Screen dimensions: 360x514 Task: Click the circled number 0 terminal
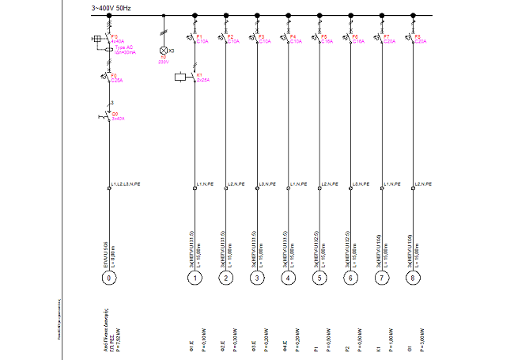point(110,278)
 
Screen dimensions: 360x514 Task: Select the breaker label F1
point(199,36)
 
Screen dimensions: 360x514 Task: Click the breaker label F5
point(324,36)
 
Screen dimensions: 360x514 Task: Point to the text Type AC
point(122,47)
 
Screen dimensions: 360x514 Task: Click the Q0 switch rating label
point(118,118)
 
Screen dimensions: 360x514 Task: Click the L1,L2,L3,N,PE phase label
point(127,184)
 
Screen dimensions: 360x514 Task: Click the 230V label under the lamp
point(163,61)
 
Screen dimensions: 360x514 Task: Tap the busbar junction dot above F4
point(288,15)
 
